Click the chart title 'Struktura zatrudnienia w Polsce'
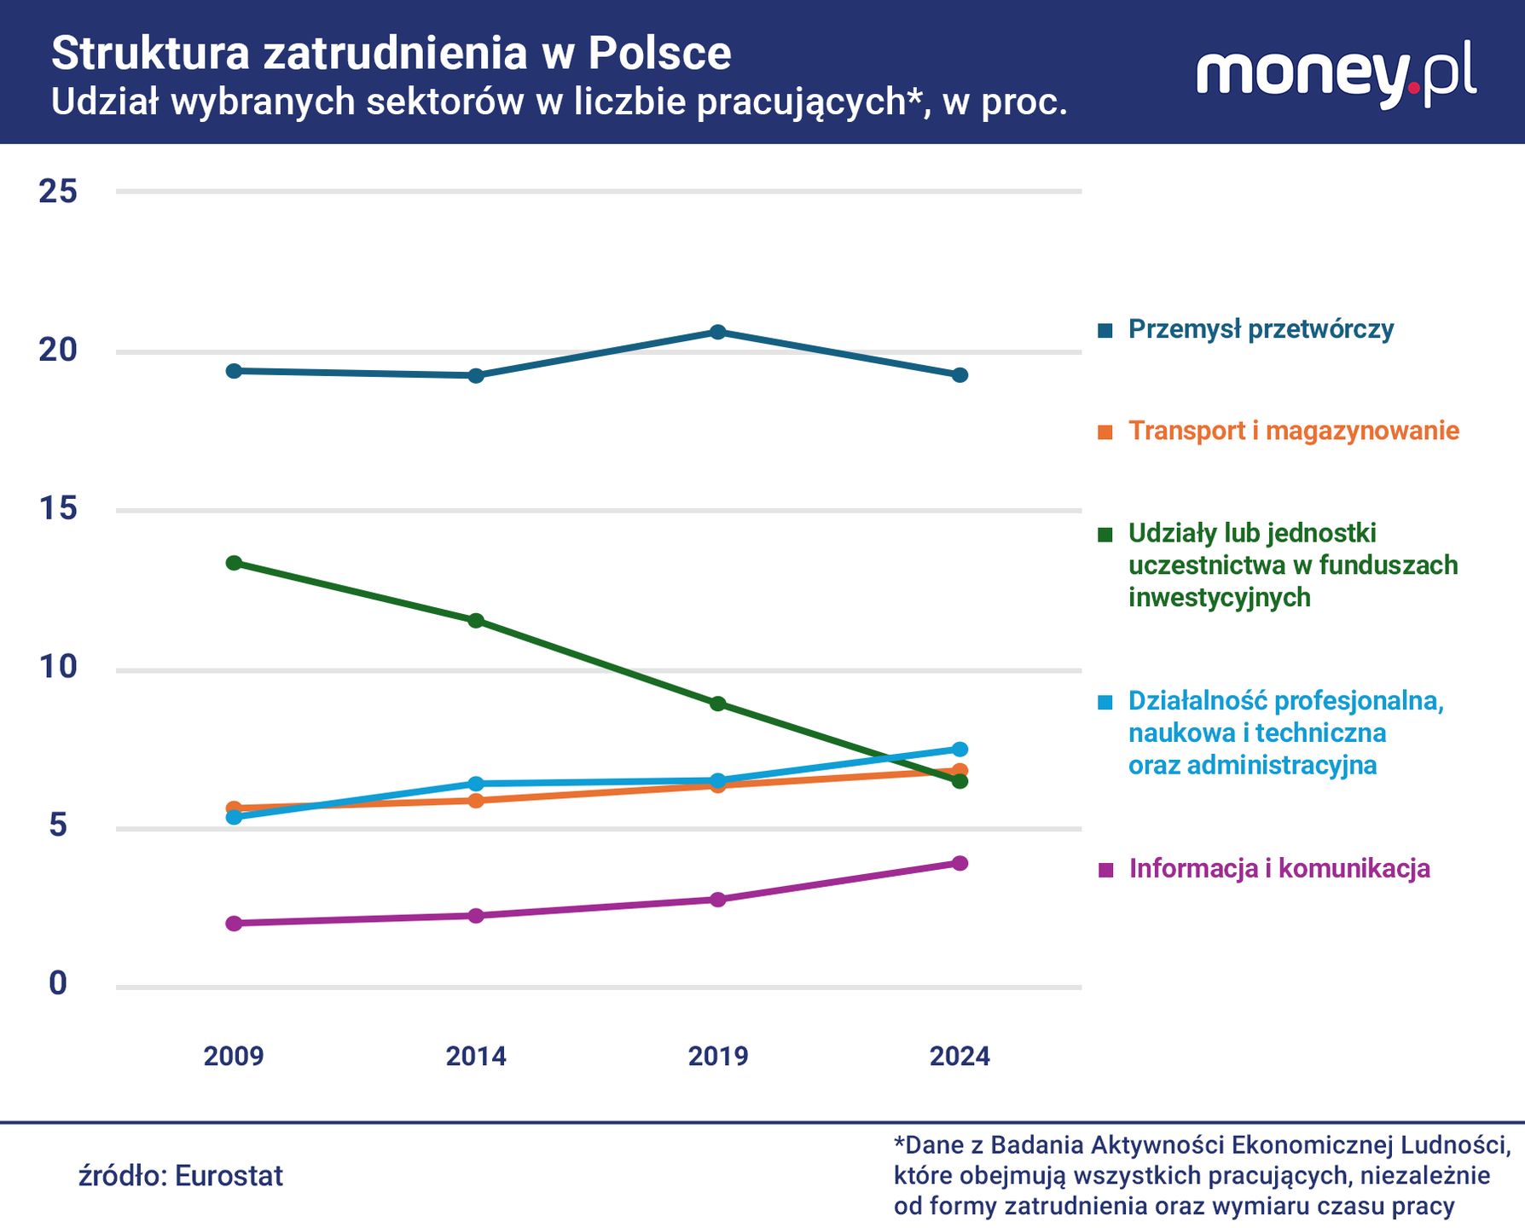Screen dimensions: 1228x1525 click(x=391, y=53)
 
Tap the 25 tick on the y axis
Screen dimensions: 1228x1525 click(x=58, y=192)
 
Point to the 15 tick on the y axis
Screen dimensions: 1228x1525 click(x=58, y=509)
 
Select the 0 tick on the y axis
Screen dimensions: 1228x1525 click(x=58, y=983)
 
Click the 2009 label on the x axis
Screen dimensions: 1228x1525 click(x=234, y=1056)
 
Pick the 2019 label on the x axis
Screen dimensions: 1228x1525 click(x=717, y=1056)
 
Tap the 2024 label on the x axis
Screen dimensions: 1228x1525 click(x=960, y=1056)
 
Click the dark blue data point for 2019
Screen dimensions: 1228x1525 click(x=718, y=332)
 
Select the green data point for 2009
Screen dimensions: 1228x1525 click(x=234, y=563)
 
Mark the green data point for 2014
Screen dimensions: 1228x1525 click(x=476, y=620)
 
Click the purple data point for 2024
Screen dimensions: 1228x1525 click(x=960, y=863)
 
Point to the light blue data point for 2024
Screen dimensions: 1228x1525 click(x=960, y=749)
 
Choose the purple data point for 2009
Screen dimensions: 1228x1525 click(x=234, y=923)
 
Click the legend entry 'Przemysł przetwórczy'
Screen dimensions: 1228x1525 click(x=1261, y=329)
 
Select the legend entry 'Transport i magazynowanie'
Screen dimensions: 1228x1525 click(x=1293, y=431)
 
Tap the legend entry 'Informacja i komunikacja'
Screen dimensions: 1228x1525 click(x=1279, y=869)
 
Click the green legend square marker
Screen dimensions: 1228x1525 click(x=1105, y=535)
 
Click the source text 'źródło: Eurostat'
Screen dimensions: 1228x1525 click(x=181, y=1176)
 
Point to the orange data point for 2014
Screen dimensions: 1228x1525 click(x=476, y=800)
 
